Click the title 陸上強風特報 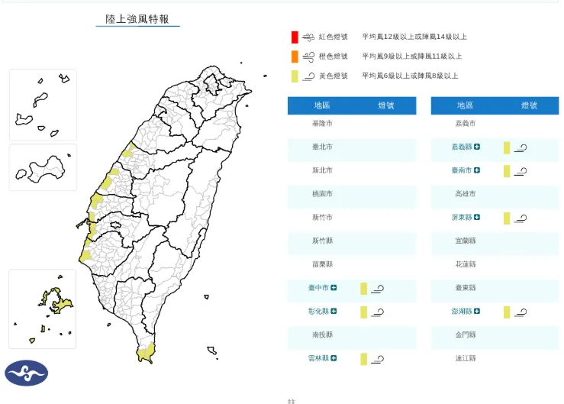[137, 18]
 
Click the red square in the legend [294, 37]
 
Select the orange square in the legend [294, 57]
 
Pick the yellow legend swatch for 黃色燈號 [294, 76]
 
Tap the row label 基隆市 [322, 123]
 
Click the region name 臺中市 [319, 288]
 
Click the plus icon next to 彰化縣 [334, 312]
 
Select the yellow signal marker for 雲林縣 [364, 359]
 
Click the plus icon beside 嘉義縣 [477, 147]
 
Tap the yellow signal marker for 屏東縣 [507, 218]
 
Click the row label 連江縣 [465, 358]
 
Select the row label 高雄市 [465, 194]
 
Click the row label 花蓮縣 [465, 264]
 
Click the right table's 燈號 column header [529, 105]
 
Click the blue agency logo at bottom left [27, 373]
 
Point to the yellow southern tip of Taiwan [145, 353]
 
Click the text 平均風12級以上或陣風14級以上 [414, 37]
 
